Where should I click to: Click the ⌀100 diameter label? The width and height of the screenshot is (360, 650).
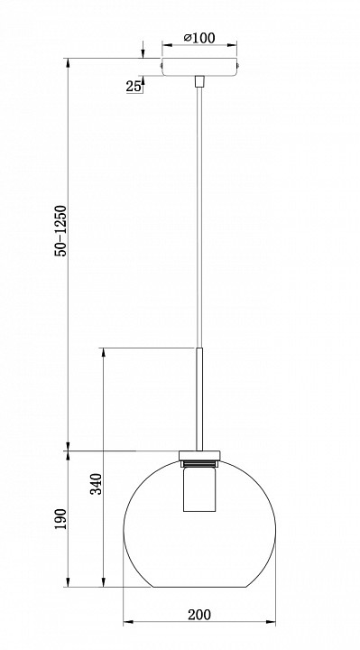point(199,38)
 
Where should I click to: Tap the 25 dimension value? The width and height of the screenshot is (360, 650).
point(133,87)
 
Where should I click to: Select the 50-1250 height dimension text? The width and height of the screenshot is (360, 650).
point(60,230)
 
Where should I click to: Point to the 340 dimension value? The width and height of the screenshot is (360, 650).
point(97,484)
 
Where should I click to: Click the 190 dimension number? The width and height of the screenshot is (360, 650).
point(60,519)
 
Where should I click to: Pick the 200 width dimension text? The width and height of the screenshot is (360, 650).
point(199,615)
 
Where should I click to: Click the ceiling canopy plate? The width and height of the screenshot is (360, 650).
point(199,67)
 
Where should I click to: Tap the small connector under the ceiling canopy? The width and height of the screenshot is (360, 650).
point(199,81)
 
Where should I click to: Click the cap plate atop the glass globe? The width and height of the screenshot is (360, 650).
point(199,456)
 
